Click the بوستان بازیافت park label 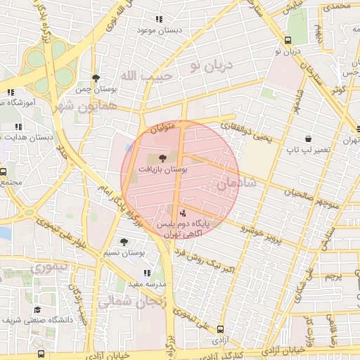162,169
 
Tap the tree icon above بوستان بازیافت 163,158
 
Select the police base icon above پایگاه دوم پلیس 184,212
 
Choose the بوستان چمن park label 96,89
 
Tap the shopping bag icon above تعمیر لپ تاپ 308,139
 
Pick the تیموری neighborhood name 49,266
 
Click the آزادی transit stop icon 221,328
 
